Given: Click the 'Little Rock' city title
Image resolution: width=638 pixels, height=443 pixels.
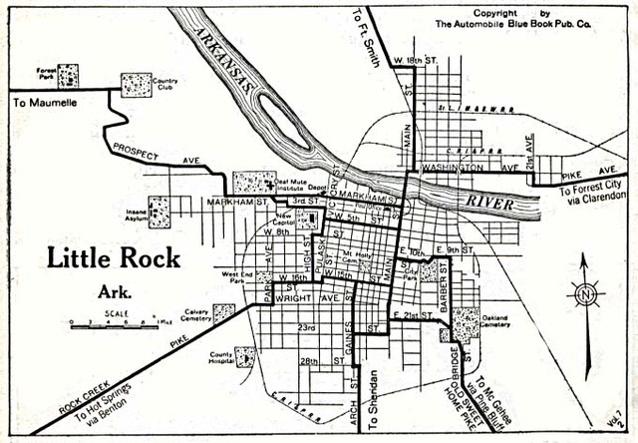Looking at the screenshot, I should point(114,257).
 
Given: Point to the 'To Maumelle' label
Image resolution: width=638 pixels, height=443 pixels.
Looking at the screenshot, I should point(45,102).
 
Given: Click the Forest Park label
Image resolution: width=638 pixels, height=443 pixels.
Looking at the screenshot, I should point(44,72).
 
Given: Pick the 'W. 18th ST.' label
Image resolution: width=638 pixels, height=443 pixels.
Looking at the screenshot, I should point(418,60).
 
